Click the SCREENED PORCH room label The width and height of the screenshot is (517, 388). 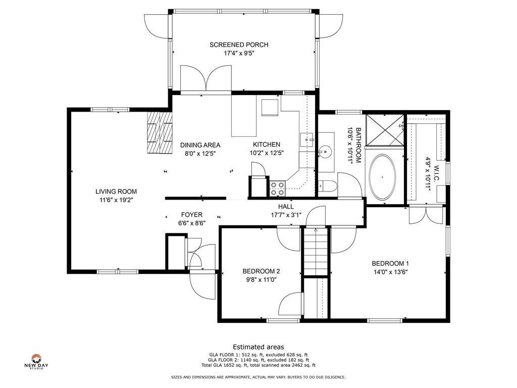[x=239, y=44]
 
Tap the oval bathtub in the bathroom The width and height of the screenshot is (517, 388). [x=382, y=177]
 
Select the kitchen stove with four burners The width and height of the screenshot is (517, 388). [x=277, y=189]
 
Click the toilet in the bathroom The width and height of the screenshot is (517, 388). [x=327, y=187]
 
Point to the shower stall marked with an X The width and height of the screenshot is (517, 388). [x=385, y=130]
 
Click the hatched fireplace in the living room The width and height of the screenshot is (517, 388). [x=160, y=132]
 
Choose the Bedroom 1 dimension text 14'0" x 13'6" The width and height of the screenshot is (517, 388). [x=390, y=272]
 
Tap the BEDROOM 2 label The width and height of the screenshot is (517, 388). [x=261, y=271]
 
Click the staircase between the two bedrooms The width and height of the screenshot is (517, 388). [x=316, y=252]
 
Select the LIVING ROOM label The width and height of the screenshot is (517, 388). [x=116, y=191]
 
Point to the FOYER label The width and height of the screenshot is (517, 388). [x=191, y=215]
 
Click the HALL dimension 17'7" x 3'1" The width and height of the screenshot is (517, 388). [x=286, y=215]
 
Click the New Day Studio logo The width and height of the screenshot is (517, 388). [x=36, y=361]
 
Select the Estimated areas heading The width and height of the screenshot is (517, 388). [x=258, y=347]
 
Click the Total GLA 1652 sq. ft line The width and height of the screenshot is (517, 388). [x=258, y=365]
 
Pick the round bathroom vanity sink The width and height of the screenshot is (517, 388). [x=325, y=152]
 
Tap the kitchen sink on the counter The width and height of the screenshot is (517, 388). [x=306, y=140]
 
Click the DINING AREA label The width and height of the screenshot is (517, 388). [x=200, y=145]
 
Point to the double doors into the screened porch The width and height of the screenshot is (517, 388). [x=206, y=78]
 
